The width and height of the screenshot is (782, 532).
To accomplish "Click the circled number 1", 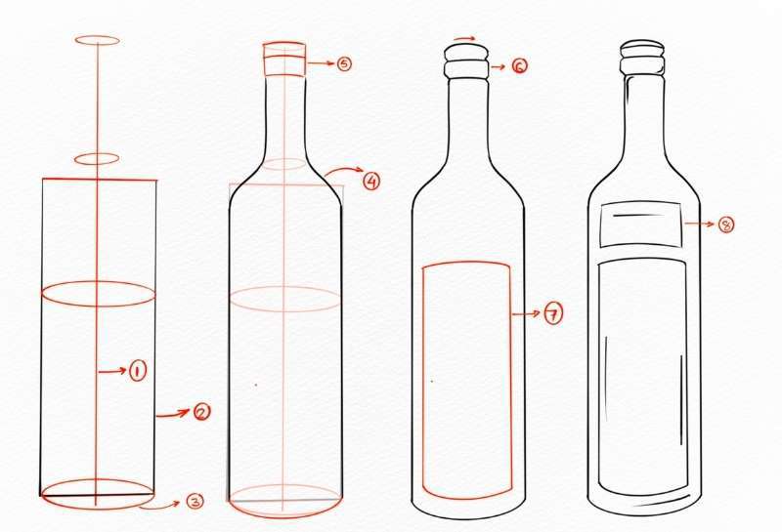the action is click(138, 371).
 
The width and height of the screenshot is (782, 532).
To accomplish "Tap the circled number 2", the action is click(201, 412).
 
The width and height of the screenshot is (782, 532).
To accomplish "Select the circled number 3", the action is click(195, 501).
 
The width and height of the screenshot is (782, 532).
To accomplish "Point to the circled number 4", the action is click(370, 181).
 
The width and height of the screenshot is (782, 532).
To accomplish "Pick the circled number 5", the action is click(344, 63).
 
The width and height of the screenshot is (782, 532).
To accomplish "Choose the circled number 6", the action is click(519, 66).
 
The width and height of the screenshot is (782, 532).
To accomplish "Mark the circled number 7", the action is click(553, 313).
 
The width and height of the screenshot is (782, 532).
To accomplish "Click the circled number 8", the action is click(726, 225).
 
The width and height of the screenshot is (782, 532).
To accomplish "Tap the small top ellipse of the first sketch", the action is click(97, 35).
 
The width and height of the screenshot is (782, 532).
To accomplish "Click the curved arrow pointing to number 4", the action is click(343, 169).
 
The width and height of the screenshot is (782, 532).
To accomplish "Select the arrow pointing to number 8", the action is click(699, 225).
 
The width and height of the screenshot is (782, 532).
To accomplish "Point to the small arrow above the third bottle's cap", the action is click(465, 38).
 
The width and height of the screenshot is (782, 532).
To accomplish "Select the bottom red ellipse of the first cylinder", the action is click(98, 509).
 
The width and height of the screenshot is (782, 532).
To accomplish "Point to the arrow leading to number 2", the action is click(173, 414).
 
